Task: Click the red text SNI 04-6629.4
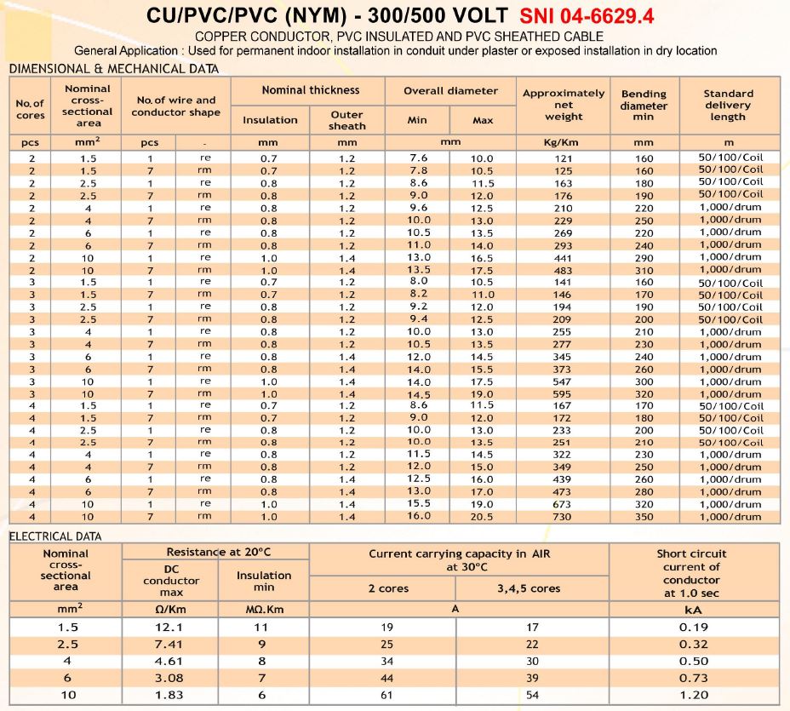(587, 16)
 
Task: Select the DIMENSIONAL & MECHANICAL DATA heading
(113, 69)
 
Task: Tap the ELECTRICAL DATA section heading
(55, 536)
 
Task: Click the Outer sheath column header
(346, 120)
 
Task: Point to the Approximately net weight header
(564, 105)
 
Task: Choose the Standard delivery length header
(728, 105)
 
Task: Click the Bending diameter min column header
(644, 105)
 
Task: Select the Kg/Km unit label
(561, 142)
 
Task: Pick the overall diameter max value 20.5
(482, 517)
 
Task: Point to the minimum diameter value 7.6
(419, 158)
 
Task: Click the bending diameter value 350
(644, 517)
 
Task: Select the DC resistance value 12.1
(171, 627)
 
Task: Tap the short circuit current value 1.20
(691, 695)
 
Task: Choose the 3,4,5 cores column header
(528, 588)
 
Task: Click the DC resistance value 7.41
(171, 644)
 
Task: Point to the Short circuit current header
(691, 573)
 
